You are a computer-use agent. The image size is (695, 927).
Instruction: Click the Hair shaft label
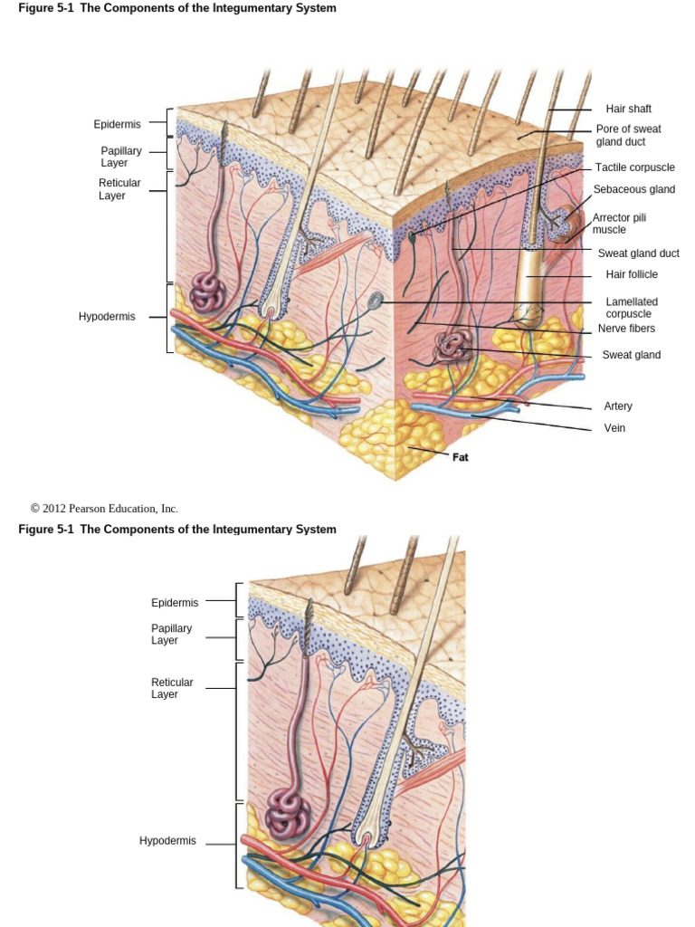pyautogui.click(x=628, y=110)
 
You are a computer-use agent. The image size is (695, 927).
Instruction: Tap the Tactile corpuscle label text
pyautogui.click(x=634, y=168)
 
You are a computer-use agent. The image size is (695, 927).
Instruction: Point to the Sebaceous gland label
pyautogui.click(x=633, y=190)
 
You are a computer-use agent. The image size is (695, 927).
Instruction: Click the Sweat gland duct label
pyautogui.click(x=638, y=253)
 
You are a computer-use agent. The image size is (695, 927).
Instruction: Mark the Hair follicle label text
pyautogui.click(x=632, y=275)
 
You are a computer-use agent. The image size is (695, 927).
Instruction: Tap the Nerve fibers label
pyautogui.click(x=626, y=329)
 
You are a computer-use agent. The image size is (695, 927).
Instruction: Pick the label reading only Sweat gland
pyautogui.click(x=631, y=355)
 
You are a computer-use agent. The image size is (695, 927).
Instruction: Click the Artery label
pyautogui.click(x=618, y=406)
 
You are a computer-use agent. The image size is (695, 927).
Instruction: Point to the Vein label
pyautogui.click(x=614, y=428)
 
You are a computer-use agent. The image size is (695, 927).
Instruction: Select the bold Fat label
pyautogui.click(x=461, y=457)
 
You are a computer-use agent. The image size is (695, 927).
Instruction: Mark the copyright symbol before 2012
pyautogui.click(x=35, y=509)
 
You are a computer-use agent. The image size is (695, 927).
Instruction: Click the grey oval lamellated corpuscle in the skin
pyautogui.click(x=376, y=300)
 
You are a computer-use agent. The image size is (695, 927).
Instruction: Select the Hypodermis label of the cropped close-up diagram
pyautogui.click(x=167, y=841)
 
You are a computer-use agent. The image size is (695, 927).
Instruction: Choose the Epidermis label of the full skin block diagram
pyautogui.click(x=117, y=124)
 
